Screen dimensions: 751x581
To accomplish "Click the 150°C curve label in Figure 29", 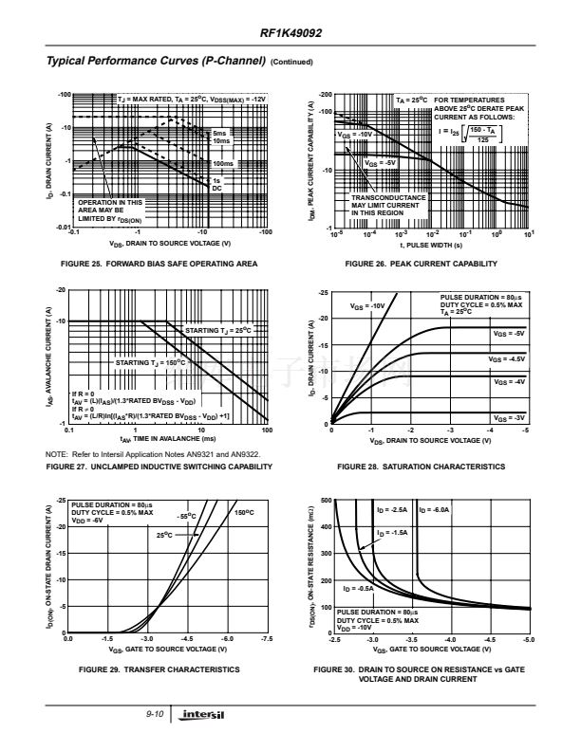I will click(245, 512).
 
